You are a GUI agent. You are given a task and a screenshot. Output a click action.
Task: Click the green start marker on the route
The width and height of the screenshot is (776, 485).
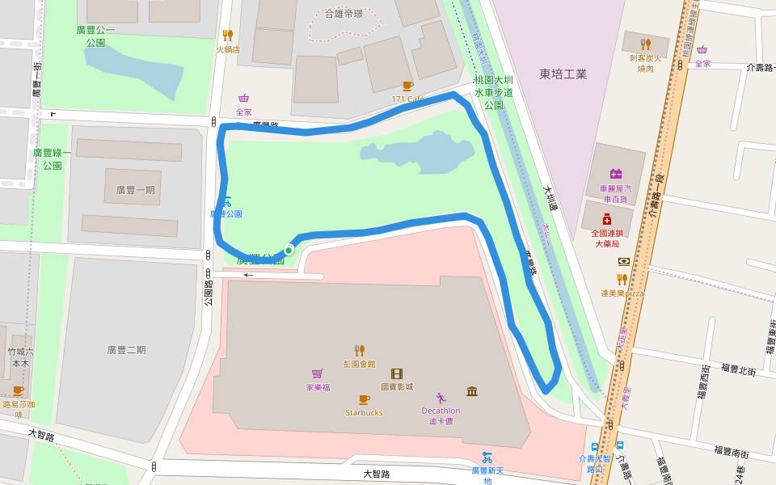289,250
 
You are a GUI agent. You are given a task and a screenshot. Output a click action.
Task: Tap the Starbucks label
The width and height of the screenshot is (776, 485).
364,412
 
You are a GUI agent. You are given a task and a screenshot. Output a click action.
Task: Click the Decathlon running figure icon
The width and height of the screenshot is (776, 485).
441,398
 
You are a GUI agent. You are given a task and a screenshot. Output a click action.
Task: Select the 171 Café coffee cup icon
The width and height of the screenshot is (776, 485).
407,86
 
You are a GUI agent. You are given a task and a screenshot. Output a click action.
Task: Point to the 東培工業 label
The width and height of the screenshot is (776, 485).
563,74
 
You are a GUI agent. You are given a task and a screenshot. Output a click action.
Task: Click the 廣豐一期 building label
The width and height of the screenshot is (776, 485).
135,190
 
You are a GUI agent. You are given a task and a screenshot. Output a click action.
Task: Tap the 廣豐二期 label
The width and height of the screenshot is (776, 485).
126,350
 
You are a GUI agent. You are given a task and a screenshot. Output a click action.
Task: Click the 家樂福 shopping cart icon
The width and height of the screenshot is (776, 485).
318,373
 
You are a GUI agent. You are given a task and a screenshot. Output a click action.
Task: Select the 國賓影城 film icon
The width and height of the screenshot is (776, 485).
396,373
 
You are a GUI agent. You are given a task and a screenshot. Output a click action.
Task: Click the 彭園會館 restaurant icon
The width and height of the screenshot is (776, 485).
359,350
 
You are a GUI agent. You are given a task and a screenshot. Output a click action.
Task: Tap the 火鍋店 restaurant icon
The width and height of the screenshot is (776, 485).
227,36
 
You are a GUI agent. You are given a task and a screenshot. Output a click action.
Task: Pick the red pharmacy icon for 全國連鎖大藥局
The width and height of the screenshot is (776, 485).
607,219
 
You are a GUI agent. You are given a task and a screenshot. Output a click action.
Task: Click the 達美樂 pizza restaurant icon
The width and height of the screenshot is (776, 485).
622,280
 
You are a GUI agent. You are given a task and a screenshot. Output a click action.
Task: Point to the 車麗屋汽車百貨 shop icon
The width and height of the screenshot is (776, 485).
615,174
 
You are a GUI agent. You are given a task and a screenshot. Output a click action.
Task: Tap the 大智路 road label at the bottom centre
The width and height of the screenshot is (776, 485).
377,474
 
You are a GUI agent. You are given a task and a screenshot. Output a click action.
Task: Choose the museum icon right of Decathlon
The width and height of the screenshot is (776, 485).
472,391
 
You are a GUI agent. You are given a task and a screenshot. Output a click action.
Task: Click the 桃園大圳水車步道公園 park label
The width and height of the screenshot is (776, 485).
494,92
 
